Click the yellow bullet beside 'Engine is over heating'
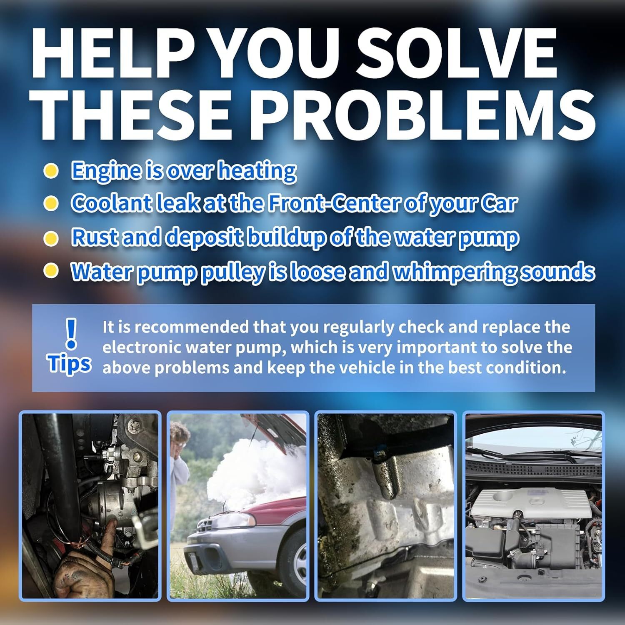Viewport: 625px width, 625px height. (x=51, y=171)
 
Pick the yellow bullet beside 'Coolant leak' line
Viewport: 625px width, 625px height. (x=51, y=204)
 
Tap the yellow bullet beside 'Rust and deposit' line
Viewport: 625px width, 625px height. (x=51, y=238)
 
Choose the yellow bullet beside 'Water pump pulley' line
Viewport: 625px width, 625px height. (x=51, y=271)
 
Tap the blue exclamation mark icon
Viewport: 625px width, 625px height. (x=72, y=333)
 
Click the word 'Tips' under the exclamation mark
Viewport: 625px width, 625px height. (x=69, y=364)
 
